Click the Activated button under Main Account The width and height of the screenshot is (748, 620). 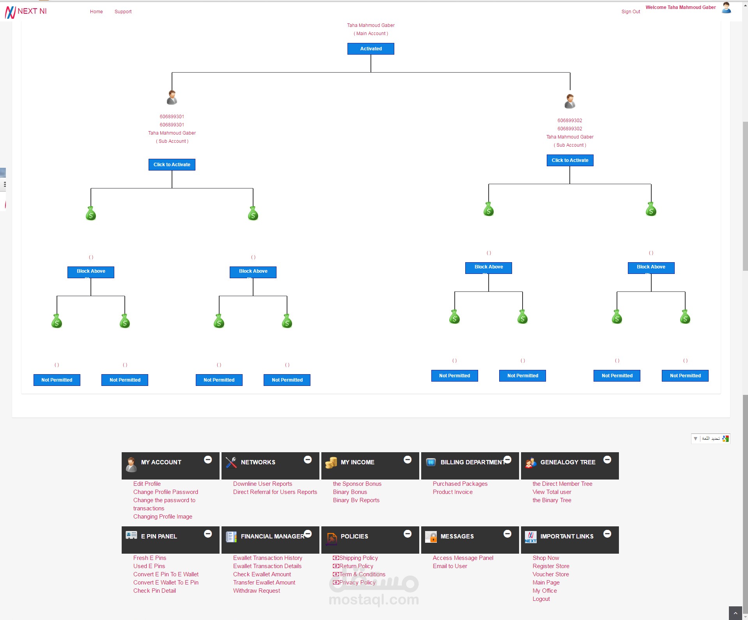(x=370, y=49)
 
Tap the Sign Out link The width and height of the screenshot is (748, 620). (x=631, y=12)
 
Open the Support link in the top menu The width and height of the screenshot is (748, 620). (x=123, y=12)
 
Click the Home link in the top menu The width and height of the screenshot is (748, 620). (x=96, y=12)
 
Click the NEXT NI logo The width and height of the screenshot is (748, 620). (x=26, y=12)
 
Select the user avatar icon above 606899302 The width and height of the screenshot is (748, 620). (x=570, y=101)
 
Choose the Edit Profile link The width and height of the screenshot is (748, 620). (x=147, y=484)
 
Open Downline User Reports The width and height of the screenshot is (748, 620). (x=262, y=484)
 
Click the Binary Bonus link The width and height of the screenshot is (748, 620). (x=350, y=492)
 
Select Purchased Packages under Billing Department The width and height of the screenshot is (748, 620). (x=460, y=484)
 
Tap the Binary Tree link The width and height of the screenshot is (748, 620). (x=552, y=500)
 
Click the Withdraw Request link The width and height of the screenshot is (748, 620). (x=257, y=591)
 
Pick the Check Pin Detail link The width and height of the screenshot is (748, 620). (x=154, y=591)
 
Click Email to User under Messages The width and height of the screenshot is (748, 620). (x=450, y=566)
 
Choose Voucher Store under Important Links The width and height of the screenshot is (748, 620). (x=551, y=574)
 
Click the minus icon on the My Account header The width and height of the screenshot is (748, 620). (x=208, y=460)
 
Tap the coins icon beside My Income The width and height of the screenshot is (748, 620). (x=331, y=463)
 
